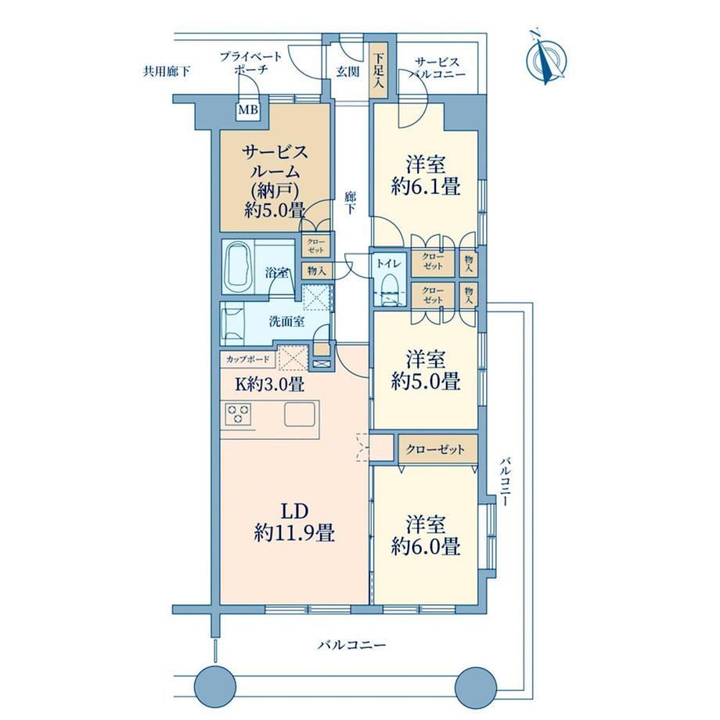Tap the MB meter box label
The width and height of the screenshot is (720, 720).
pos(248,110)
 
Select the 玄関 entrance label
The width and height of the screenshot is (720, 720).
pos(347,72)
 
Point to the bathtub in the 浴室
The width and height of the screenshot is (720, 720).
pos(239,267)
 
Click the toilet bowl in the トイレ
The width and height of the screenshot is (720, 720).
pos(390,290)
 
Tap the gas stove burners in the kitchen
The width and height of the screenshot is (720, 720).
pos(238,414)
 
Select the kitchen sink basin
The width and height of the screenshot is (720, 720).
pos(300,414)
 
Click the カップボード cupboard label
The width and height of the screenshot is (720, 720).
pos(247,359)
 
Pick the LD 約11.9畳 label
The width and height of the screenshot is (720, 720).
pos(294,523)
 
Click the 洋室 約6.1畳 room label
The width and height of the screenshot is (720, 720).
pos(425,176)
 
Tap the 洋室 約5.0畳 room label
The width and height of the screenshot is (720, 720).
pos(425,370)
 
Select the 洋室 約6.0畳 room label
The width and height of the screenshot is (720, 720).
pos(425,535)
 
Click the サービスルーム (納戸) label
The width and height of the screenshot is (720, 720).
pos(275,181)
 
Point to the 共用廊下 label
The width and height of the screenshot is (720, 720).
pos(166,71)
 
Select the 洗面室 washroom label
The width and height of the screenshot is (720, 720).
pos(287,321)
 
